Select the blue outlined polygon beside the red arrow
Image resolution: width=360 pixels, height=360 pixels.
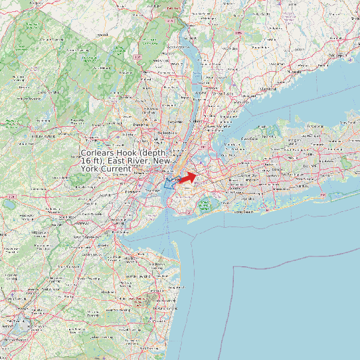pyautogui.click(x=171, y=183)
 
